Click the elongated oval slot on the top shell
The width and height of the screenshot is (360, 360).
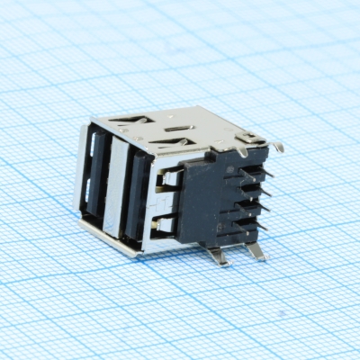pos(180,130)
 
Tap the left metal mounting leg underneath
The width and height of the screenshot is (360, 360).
pos(219,256)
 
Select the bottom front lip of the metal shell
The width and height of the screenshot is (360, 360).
pos(108,239)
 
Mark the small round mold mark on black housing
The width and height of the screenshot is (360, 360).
pos(241,170)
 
